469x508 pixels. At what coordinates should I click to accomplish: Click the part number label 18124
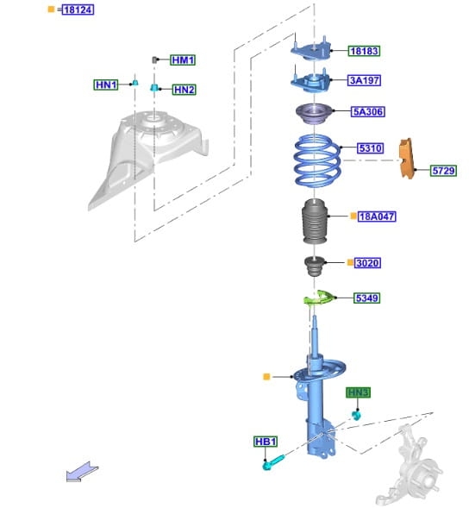pos(78,9)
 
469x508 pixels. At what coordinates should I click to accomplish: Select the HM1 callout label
pos(183,60)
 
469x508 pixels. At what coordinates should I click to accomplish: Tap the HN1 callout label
pos(106,85)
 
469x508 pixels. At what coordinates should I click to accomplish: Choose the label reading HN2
pos(184,90)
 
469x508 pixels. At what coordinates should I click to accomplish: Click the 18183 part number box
pos(364,51)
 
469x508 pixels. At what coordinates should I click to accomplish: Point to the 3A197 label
pos(365,80)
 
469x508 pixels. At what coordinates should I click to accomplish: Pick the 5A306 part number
pos(368,112)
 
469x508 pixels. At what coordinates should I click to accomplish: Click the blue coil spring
pos(317,160)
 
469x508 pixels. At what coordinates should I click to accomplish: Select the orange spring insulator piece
pos(407,159)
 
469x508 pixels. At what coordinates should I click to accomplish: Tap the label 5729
pos(443,171)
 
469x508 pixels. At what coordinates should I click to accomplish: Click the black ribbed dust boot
pos(316,221)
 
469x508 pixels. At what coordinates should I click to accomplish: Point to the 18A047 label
pos(377,216)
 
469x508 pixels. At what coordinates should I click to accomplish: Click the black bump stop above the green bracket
pos(314,266)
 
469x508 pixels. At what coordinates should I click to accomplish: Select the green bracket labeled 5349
pos(319,297)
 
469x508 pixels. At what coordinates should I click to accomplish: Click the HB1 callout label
pos(266,442)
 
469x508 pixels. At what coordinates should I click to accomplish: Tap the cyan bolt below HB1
pos(273,462)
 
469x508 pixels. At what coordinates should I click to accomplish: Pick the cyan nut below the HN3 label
pos(356,415)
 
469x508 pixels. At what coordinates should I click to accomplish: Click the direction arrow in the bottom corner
pos(82,472)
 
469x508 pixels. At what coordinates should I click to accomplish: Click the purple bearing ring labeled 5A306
pos(314,113)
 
